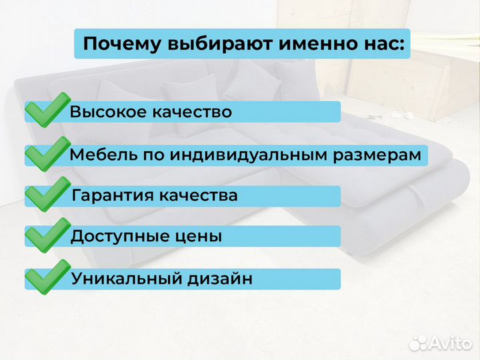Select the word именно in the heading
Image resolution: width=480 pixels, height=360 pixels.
click(x=297, y=44)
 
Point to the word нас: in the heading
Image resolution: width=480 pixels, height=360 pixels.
click(x=374, y=45)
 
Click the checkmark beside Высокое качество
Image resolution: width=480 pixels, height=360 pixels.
click(x=47, y=111)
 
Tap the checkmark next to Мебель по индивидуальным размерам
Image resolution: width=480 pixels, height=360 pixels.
click(x=47, y=153)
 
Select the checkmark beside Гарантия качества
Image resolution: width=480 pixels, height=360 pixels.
click(x=47, y=195)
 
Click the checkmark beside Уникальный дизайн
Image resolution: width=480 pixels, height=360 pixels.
click(x=47, y=277)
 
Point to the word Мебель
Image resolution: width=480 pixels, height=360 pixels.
click(x=97, y=155)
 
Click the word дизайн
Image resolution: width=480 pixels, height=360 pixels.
click(x=223, y=278)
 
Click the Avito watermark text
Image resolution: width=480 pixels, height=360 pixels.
click(x=450, y=343)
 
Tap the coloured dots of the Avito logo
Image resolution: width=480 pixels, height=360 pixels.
click(x=418, y=342)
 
